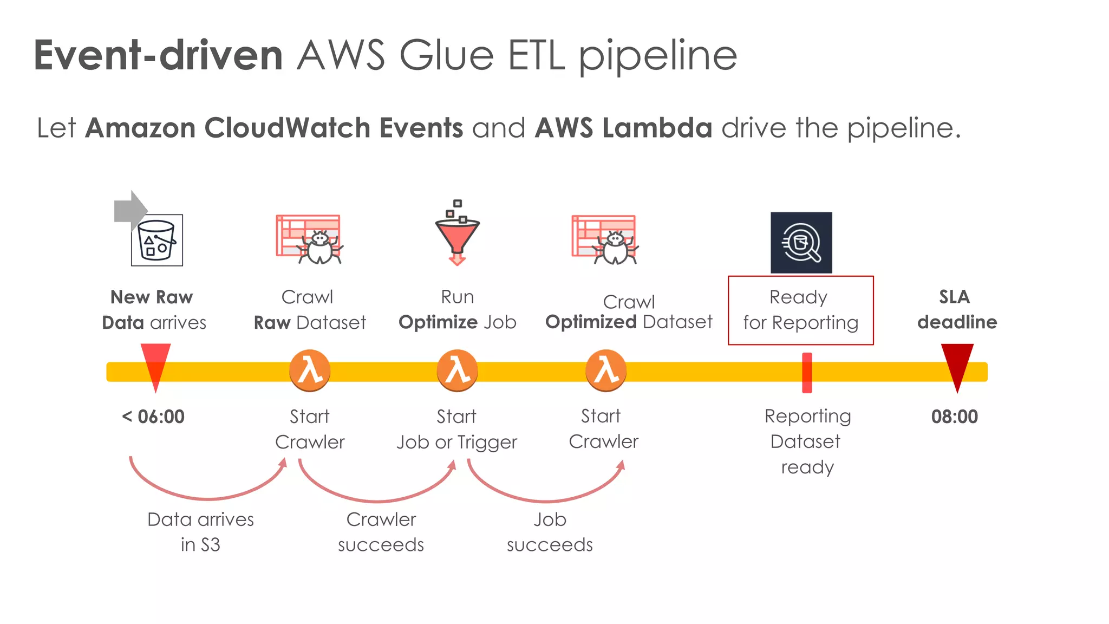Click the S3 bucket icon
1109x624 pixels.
(x=157, y=240)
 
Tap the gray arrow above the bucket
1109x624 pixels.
(x=128, y=210)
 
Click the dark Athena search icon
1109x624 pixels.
(x=801, y=242)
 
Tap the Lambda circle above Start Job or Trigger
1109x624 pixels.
(x=458, y=370)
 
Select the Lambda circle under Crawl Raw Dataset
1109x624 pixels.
(x=310, y=370)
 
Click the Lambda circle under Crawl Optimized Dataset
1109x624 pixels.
(x=606, y=370)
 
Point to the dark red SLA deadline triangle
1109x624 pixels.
(x=957, y=362)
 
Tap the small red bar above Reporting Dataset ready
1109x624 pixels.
(x=807, y=372)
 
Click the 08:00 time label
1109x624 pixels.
(x=954, y=417)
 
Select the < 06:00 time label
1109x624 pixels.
(x=153, y=417)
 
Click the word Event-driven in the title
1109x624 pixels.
(x=158, y=55)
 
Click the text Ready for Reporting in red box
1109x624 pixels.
(x=800, y=310)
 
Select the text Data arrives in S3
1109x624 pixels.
(x=200, y=531)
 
